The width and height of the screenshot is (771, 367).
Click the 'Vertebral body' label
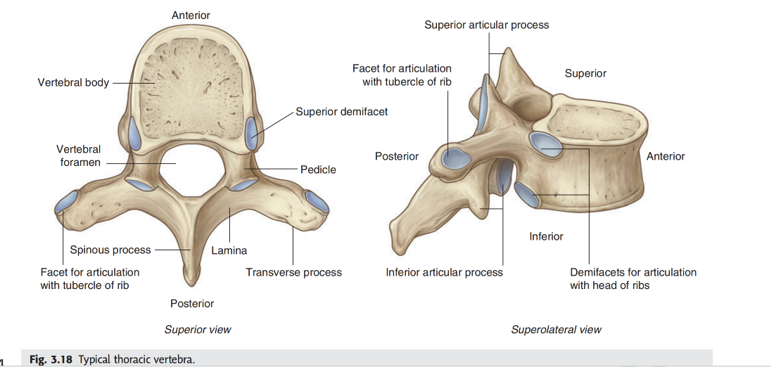(x=73, y=82)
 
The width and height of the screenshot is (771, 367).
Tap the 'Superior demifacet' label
(x=341, y=111)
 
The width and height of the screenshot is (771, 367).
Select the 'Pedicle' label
(x=318, y=169)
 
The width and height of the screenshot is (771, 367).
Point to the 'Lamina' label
(x=229, y=250)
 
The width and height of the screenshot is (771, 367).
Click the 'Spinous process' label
(x=110, y=250)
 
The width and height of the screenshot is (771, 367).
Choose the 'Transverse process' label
(x=293, y=272)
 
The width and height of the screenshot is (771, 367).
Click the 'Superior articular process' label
(x=486, y=25)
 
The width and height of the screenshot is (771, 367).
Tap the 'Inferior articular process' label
(x=445, y=272)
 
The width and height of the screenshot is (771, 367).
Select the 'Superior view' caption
(x=198, y=329)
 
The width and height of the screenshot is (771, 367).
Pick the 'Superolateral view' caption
(x=556, y=329)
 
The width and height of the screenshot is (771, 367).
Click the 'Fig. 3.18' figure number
(x=51, y=359)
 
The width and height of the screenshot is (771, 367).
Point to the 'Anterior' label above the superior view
(x=191, y=15)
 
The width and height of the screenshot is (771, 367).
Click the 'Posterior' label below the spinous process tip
(x=192, y=303)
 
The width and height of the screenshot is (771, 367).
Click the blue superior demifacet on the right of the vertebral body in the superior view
(x=251, y=134)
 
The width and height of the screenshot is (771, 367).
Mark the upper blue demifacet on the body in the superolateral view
(x=546, y=144)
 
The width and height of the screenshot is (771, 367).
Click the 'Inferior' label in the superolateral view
(x=546, y=236)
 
